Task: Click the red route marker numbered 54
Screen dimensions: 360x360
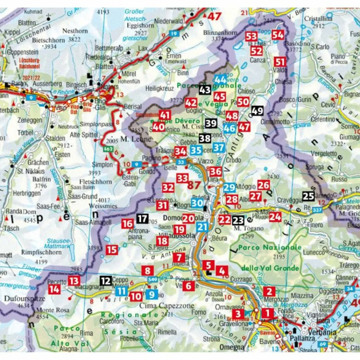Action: pos(278,35)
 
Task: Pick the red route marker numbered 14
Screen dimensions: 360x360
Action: pos(54,289)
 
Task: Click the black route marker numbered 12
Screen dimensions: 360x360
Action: pos(105,281)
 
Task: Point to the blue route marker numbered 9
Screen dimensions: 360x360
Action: pos(152,294)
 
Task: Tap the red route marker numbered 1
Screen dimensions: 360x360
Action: pos(267,313)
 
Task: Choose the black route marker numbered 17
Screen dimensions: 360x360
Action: pos(142,219)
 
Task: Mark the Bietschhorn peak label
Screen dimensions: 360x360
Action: pos(49,40)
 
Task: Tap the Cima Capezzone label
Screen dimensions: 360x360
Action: pos(167,306)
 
